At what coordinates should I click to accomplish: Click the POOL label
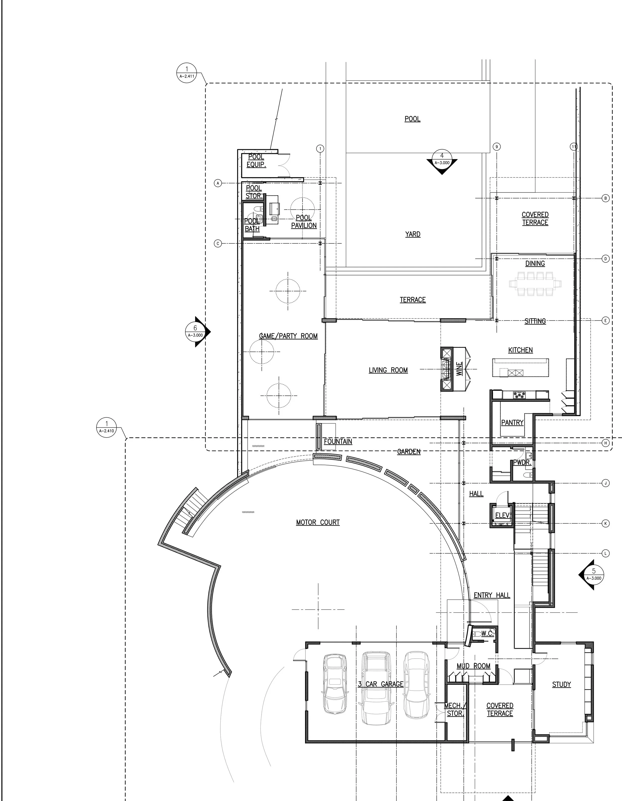click(x=413, y=119)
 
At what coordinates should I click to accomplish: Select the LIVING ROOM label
click(x=388, y=370)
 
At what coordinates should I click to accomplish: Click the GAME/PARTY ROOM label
click(x=288, y=336)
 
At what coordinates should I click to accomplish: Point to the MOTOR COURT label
click(x=318, y=522)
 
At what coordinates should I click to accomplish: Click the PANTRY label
click(x=512, y=423)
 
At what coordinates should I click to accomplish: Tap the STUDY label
click(x=562, y=684)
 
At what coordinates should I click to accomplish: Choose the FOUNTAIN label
click(x=338, y=442)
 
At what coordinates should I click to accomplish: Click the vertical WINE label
click(x=460, y=369)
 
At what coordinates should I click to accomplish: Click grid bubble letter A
click(x=218, y=183)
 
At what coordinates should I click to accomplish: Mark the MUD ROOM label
click(x=473, y=666)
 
